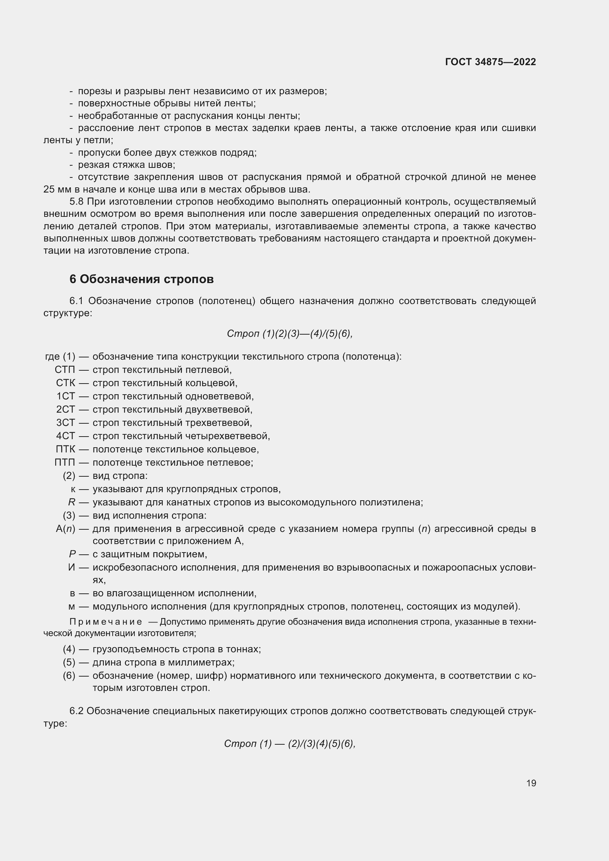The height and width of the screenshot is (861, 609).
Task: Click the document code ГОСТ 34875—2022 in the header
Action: point(490,62)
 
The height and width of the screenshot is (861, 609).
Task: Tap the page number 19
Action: point(531,783)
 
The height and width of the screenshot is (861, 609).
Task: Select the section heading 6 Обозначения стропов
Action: point(141,279)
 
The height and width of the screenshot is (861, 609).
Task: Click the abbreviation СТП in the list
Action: point(65,370)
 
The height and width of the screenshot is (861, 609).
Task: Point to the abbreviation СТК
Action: point(66,383)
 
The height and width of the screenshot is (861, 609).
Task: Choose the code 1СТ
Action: point(66,396)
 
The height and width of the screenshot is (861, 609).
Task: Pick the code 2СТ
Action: point(66,409)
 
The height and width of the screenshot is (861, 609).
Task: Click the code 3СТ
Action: point(66,423)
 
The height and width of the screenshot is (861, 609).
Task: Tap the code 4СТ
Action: point(66,436)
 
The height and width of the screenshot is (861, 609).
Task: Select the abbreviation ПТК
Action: point(65,449)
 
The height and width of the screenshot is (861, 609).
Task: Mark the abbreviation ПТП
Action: point(65,462)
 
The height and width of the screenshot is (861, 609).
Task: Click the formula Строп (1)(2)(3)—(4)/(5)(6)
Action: point(289,334)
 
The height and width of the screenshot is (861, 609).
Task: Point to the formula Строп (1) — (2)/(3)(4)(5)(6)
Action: point(289,744)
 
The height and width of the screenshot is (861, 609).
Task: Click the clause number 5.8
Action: point(77,202)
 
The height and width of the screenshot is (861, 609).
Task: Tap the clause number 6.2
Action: point(77,712)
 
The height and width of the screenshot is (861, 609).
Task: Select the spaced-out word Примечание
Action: point(106,622)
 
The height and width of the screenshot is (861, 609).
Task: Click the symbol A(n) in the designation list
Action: point(66,529)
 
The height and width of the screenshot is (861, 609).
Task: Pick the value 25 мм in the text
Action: point(55,189)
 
